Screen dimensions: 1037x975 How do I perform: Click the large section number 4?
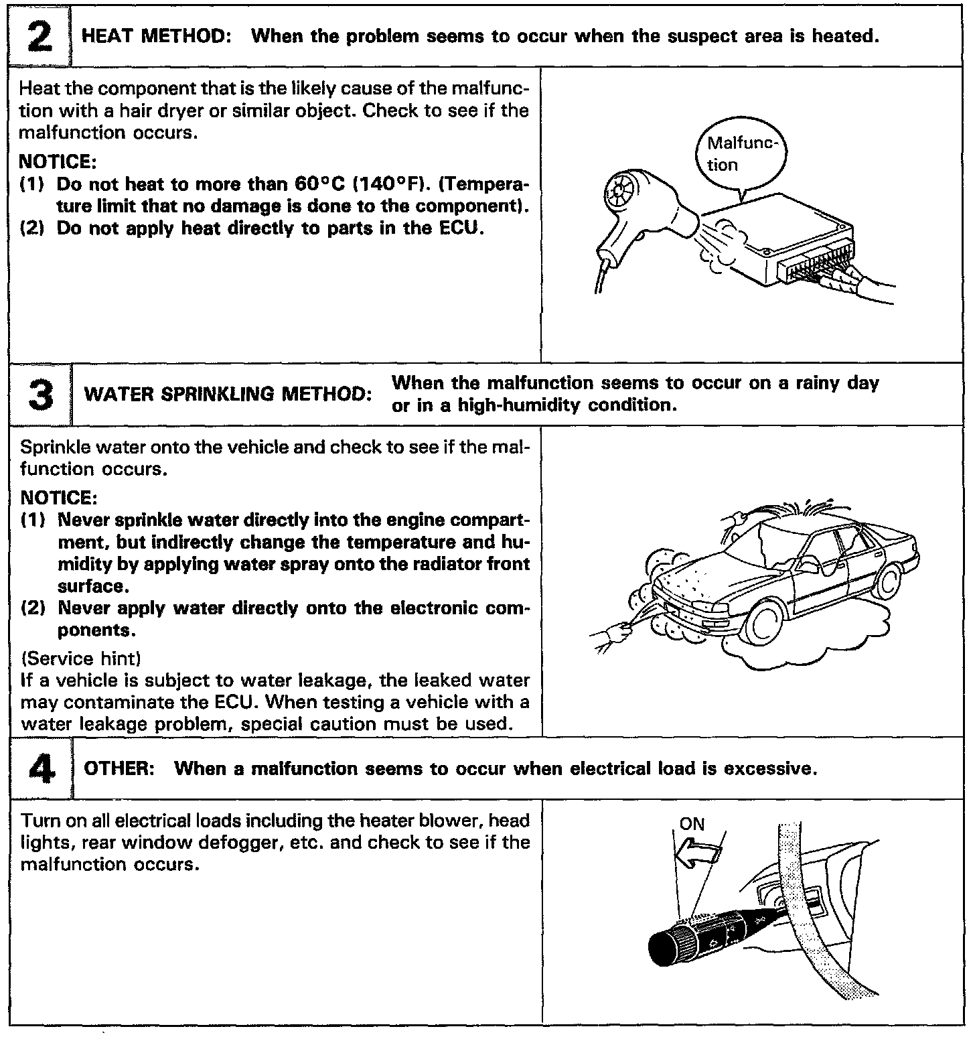tap(39, 768)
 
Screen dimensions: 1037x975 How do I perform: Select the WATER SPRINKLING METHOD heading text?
tap(228, 394)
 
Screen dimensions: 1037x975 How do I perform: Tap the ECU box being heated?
tap(770, 234)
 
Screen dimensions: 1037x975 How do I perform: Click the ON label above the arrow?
tap(692, 823)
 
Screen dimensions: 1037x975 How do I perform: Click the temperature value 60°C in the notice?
tap(319, 184)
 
